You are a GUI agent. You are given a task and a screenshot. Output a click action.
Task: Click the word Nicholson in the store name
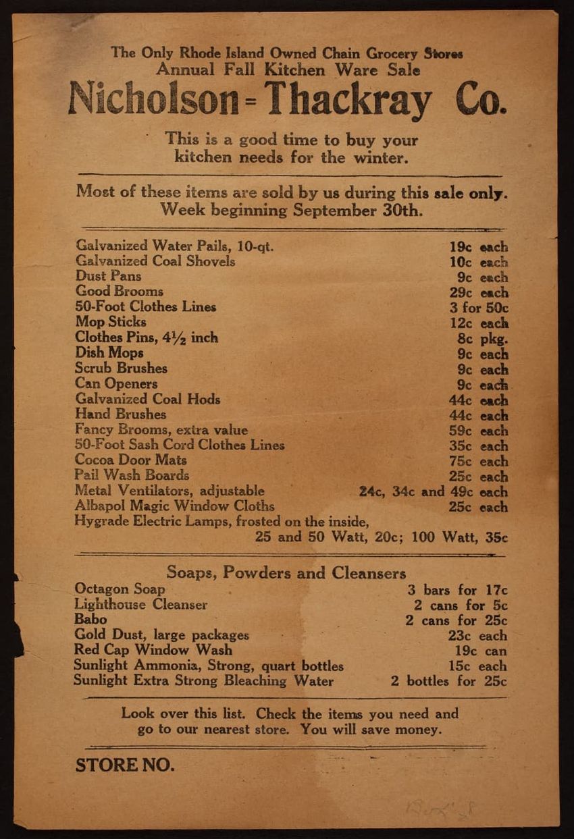tap(153, 99)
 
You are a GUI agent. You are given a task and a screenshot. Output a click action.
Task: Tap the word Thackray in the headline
tap(348, 100)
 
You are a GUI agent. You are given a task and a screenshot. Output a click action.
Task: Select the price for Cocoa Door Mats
tap(478, 462)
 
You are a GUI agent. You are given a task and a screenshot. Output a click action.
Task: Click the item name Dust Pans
tap(108, 276)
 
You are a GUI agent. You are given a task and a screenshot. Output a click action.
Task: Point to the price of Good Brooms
tap(478, 293)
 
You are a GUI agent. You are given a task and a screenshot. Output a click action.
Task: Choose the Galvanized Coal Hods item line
tap(148, 399)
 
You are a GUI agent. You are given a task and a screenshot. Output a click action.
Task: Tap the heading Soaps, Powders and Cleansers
tap(286, 573)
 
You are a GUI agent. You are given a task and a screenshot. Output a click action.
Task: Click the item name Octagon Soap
tap(120, 589)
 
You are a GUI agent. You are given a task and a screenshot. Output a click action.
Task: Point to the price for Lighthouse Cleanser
tap(461, 605)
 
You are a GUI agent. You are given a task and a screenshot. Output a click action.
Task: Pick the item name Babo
tap(90, 620)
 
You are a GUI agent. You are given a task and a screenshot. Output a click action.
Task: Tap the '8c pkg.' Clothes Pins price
tap(482, 339)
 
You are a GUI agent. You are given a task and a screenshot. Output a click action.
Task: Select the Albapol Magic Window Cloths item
tap(175, 506)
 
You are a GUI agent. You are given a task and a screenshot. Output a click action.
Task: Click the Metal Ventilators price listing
tap(433, 492)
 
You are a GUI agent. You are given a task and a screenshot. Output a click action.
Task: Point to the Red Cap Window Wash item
tap(153, 650)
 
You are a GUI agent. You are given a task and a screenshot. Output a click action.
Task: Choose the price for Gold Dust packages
tap(477, 635)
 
